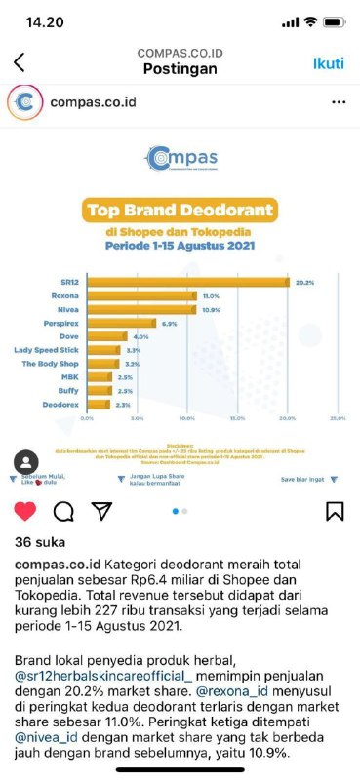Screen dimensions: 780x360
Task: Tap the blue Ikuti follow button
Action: [x=328, y=63]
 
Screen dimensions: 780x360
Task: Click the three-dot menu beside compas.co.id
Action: [x=338, y=101]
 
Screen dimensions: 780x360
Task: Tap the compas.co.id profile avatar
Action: [x=25, y=101]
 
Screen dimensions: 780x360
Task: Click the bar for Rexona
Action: [x=141, y=295]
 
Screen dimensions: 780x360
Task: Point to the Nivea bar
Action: [x=140, y=309]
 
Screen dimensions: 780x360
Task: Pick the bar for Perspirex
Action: [x=121, y=323]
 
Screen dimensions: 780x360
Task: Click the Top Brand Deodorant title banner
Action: [x=180, y=209]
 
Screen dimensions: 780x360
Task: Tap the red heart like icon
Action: [x=25, y=511]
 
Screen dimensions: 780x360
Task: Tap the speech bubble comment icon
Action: [x=63, y=511]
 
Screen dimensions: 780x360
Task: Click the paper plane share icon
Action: [x=101, y=511]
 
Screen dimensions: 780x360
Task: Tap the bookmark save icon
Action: [x=335, y=511]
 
